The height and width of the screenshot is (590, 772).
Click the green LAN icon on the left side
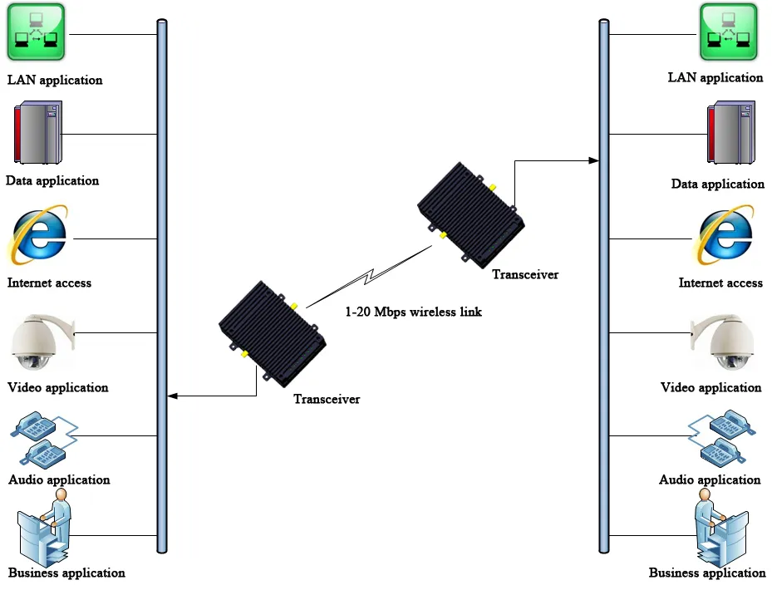[37, 34]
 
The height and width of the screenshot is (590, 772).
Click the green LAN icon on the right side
[728, 33]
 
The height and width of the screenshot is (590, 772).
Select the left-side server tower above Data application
[37, 133]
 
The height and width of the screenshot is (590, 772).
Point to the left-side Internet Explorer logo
[37, 234]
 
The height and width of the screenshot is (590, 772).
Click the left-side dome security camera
[40, 342]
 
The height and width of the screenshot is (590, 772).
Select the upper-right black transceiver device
[470, 213]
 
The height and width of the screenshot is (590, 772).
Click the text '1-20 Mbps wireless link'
[413, 312]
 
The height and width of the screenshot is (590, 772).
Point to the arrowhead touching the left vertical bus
[171, 396]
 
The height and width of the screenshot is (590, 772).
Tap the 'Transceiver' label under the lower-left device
[327, 400]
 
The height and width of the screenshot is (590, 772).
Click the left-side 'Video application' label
[58, 387]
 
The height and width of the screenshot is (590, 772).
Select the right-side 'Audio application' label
[710, 479]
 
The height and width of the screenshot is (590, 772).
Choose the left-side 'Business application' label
[66, 573]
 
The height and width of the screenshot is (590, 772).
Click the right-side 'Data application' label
[717, 184]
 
